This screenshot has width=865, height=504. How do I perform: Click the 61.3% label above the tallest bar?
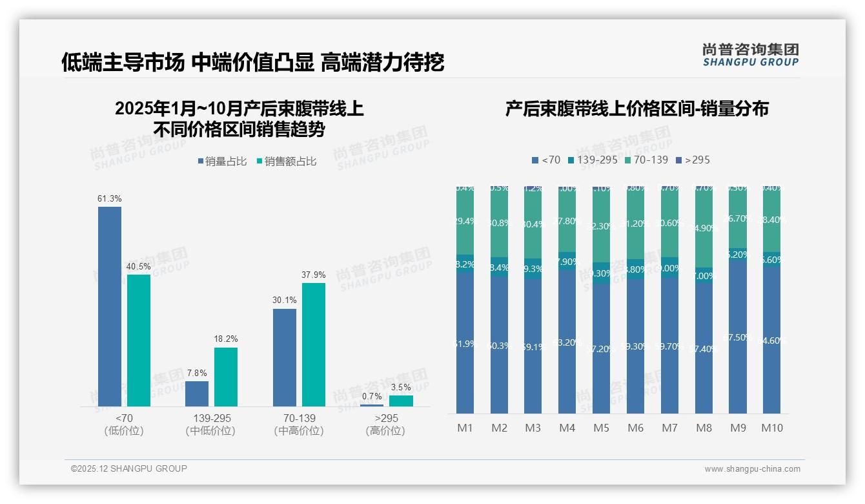point(110,198)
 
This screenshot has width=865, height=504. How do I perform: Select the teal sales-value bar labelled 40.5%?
point(139,341)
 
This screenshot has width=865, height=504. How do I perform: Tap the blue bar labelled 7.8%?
point(197,394)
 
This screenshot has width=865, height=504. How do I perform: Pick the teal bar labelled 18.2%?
point(226,377)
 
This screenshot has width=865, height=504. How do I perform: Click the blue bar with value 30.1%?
point(285,357)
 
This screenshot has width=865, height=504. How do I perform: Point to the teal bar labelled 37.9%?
point(314,344)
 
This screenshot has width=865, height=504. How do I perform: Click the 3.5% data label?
point(401,387)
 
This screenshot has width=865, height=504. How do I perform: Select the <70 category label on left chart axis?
point(123,418)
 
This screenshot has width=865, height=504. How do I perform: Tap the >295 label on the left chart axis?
point(386,418)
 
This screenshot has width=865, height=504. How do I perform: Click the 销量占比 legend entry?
point(221,162)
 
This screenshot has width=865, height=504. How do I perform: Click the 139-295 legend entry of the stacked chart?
point(593,160)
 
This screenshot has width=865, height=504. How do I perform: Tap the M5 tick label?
point(601,428)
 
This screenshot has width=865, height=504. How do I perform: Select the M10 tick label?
point(771,428)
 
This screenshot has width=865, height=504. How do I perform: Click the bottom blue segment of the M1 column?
point(465,342)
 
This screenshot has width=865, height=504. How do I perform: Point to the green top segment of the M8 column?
point(704,226)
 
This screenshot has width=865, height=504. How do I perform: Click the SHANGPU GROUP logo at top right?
point(750,55)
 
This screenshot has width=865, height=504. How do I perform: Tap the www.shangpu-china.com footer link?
point(752,469)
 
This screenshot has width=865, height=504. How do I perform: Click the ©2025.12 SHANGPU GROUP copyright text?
point(128,468)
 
